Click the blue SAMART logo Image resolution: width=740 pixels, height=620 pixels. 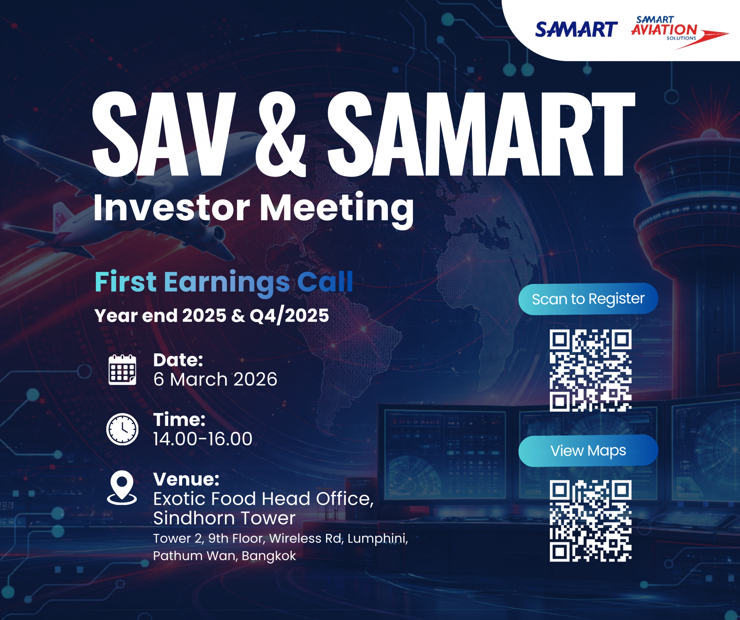coord(576,29)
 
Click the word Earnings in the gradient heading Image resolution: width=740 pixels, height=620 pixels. coord(227,283)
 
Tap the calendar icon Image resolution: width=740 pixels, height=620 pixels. coord(122,370)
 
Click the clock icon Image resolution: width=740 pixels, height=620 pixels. coord(122,429)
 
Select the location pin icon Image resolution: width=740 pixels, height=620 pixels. coord(122,488)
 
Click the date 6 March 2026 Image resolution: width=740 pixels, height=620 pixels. coord(215,379)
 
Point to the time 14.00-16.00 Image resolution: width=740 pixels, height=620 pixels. coord(203,439)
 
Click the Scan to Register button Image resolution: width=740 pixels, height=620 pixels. coord(588,299)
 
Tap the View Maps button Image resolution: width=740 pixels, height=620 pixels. coord(588,451)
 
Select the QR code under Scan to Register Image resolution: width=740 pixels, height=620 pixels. coord(591,371)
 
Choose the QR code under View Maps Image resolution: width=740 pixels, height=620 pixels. coord(591,521)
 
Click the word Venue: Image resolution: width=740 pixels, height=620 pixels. coord(186,479)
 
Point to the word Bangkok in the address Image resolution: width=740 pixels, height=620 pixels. coord(269,556)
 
